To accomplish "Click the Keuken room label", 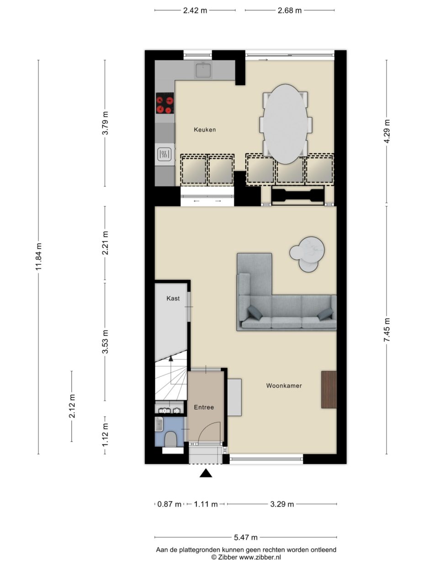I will (204, 130).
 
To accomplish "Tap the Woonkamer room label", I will (284, 386).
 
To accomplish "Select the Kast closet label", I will (173, 299).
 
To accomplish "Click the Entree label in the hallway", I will (204, 407).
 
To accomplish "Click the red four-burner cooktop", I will (165, 103).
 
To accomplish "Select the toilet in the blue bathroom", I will (171, 439).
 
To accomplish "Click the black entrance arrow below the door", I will (206, 474).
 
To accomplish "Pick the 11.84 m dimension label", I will (38, 257).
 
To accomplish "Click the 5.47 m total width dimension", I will (245, 537).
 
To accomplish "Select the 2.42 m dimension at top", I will (195, 10).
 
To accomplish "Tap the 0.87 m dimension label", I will (169, 504).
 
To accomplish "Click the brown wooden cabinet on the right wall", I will (329, 389).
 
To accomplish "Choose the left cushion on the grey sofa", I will (255, 313).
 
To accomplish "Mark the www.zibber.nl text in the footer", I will (260, 557).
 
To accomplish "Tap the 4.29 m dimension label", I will (387, 132).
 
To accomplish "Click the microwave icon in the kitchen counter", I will (165, 155).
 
